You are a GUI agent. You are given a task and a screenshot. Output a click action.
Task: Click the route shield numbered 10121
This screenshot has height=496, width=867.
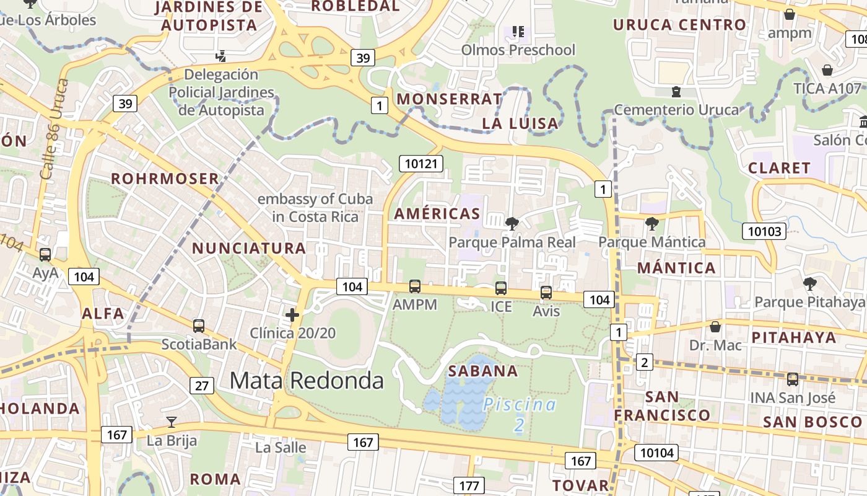point(422,164)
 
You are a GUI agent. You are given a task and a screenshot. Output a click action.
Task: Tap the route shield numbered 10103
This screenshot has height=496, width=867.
point(764,231)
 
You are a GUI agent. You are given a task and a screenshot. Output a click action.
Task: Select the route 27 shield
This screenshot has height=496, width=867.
point(203,386)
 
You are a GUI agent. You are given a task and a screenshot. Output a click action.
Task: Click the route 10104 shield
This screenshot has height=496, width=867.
point(657,453)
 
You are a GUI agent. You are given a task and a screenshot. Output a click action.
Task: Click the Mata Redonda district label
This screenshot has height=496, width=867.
point(307,380)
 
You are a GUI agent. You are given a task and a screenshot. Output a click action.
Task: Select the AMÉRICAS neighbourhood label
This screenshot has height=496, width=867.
point(437,214)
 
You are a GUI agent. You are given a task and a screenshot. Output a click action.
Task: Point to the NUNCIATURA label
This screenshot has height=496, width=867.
point(249,249)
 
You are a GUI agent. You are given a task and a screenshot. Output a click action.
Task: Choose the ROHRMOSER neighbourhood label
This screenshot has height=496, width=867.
point(165,179)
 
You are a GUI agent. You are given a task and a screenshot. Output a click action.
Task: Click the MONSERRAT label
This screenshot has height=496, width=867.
point(450,99)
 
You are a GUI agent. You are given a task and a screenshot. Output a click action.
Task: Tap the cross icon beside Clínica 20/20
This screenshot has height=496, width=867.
point(292,315)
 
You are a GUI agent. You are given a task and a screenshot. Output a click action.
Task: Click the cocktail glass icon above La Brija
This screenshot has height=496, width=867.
point(172,422)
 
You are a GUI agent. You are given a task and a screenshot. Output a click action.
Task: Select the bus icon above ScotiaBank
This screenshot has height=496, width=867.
point(199,325)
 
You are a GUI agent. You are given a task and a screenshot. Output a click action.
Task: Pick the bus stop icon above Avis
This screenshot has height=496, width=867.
point(546,293)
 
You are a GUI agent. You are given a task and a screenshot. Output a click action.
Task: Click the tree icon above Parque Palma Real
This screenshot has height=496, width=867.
point(512,223)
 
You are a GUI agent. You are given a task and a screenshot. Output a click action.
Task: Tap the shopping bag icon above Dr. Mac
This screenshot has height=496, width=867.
point(715,326)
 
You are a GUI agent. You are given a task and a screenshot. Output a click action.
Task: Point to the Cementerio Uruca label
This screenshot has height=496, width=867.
point(676,110)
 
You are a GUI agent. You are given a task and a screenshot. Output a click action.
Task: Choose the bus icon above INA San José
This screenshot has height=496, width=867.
point(792,379)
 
